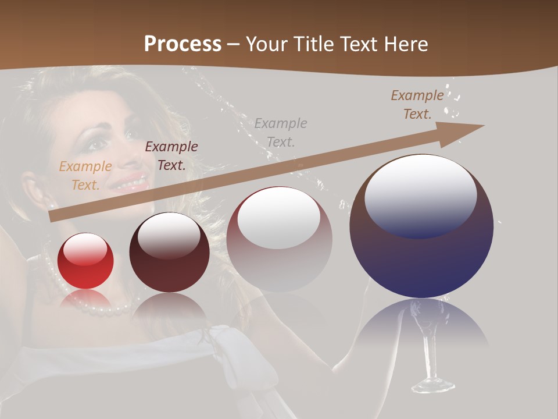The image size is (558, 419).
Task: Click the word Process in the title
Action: [183, 44]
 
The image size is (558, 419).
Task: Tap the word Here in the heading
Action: [405, 44]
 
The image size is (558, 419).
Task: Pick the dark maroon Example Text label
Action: [171, 156]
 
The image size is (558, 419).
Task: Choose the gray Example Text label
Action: [281, 132]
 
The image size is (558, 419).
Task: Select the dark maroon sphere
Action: [169, 256]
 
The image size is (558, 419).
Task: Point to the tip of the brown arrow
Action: [482, 126]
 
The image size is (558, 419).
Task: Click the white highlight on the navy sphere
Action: [421, 195]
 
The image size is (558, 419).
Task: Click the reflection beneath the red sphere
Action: [86, 300]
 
